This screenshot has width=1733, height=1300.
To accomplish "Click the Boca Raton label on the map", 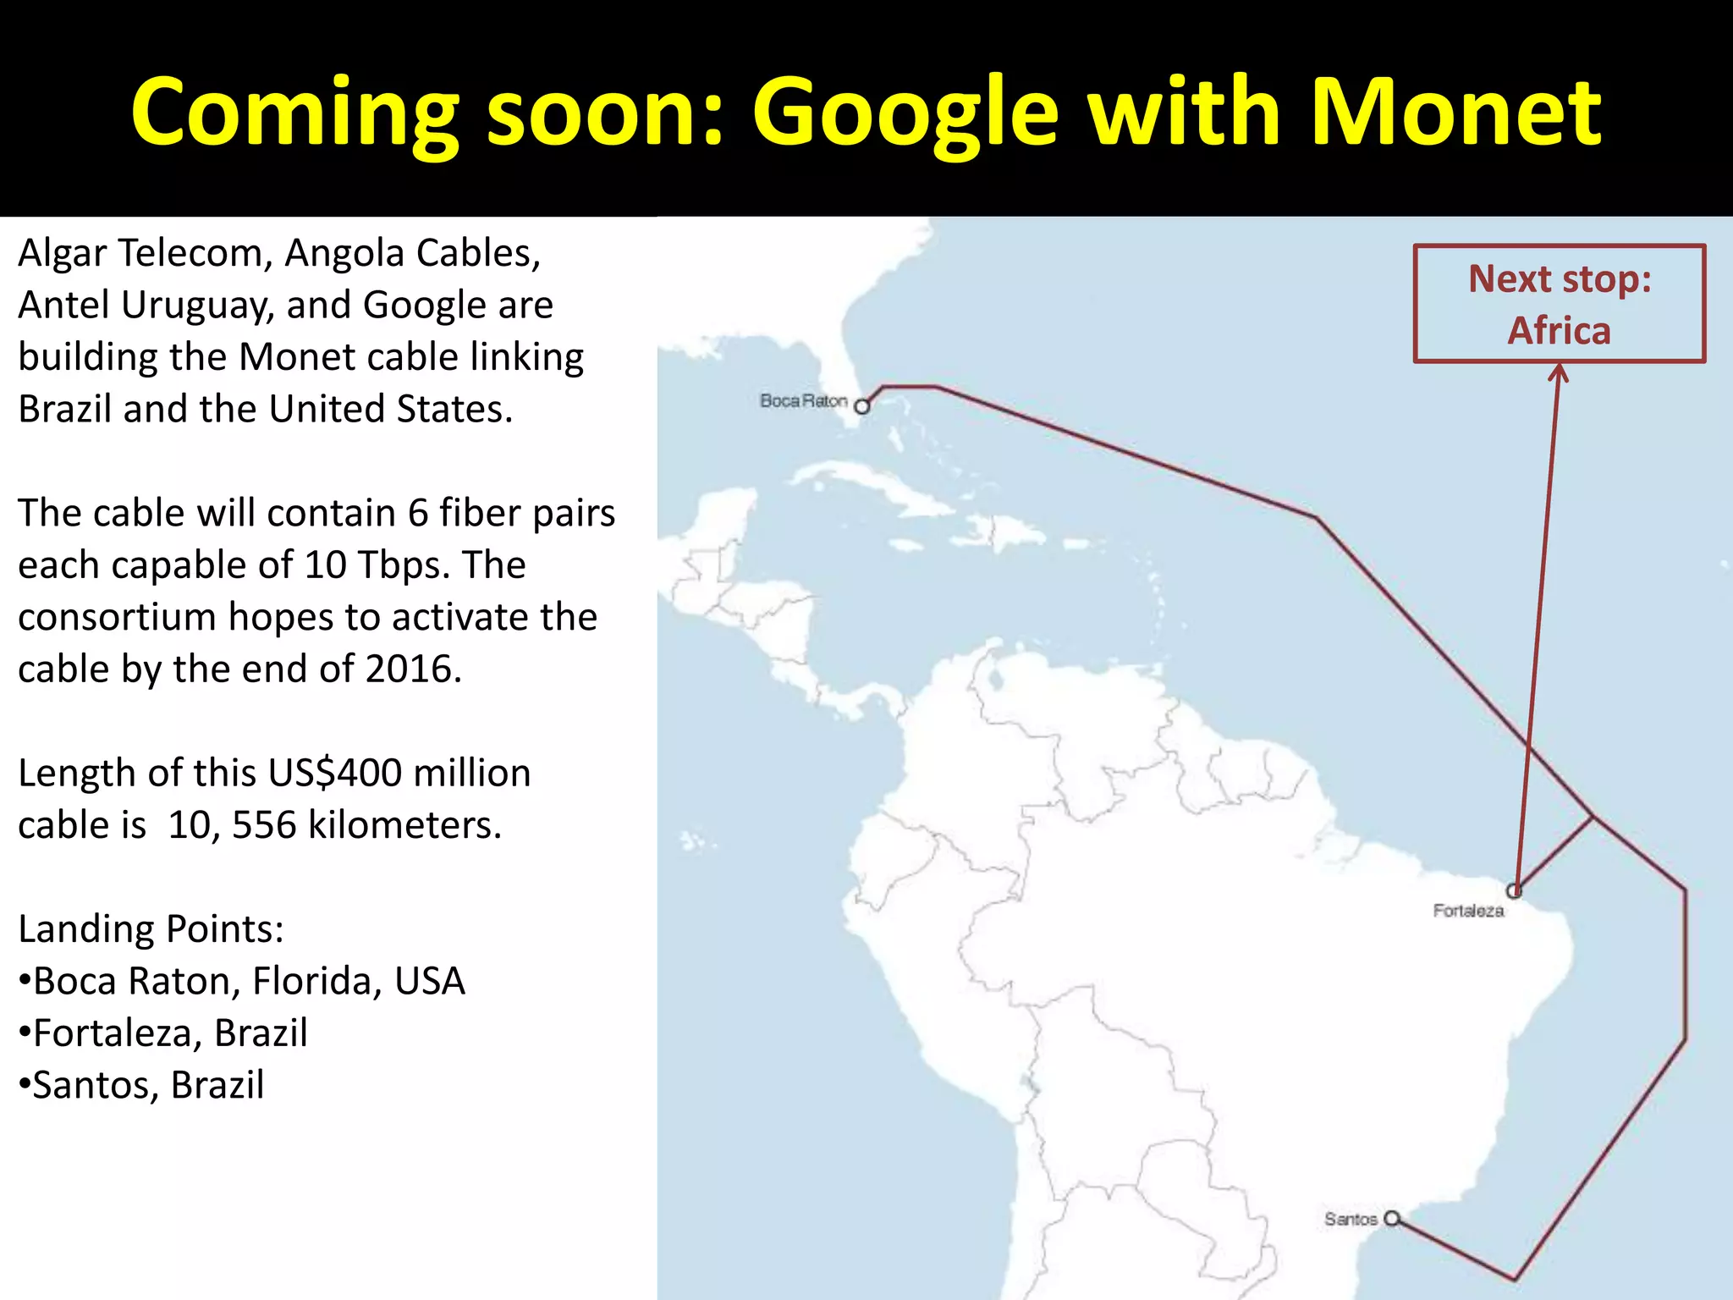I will [803, 400].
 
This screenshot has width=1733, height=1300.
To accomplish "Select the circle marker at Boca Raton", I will [861, 406].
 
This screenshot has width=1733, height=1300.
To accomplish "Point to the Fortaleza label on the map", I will [1468, 911].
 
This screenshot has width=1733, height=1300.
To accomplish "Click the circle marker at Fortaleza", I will [1514, 890].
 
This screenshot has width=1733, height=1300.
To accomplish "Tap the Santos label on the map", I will [1351, 1219].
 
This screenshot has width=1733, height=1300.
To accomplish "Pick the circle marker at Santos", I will [1391, 1218].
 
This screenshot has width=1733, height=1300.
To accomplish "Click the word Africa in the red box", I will [1559, 330].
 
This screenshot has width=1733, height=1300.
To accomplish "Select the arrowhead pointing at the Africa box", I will [1559, 372].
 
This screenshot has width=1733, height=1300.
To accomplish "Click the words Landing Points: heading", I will [151, 929].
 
